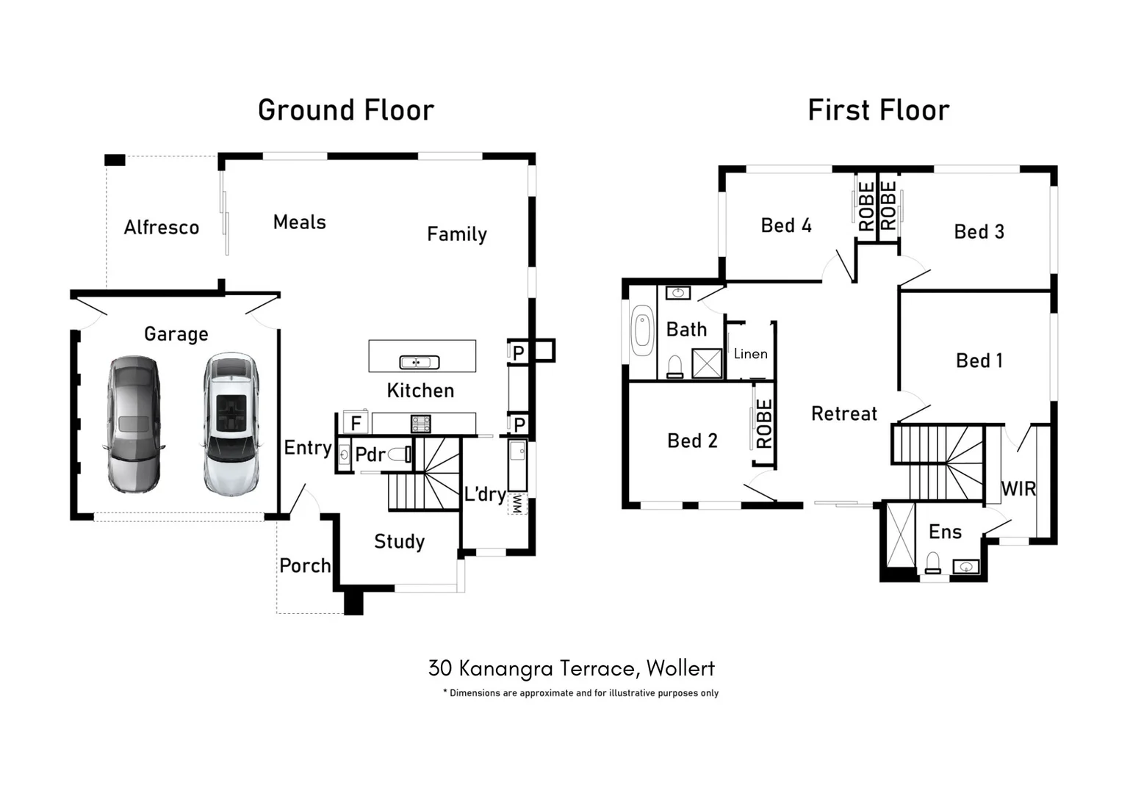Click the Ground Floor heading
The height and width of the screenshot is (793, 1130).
pyautogui.click(x=346, y=111)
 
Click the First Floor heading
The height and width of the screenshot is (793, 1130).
pyautogui.click(x=878, y=111)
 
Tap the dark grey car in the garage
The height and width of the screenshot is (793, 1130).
pyautogui.click(x=133, y=424)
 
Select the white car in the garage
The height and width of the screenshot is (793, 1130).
pyautogui.click(x=231, y=424)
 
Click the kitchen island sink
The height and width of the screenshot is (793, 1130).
pyautogui.click(x=419, y=362)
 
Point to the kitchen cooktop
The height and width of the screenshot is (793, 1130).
pyautogui.click(x=420, y=424)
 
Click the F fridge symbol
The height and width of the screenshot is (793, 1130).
pyautogui.click(x=356, y=424)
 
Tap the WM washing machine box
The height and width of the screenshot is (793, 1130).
pyautogui.click(x=517, y=504)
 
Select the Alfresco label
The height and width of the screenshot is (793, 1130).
pyautogui.click(x=162, y=228)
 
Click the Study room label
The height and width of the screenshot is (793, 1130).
pyautogui.click(x=399, y=542)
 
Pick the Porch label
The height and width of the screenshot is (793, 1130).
pyautogui.click(x=305, y=566)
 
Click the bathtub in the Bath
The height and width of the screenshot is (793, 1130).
pyautogui.click(x=642, y=330)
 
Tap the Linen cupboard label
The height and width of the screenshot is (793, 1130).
pyautogui.click(x=750, y=354)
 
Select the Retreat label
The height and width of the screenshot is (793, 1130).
pyautogui.click(x=843, y=414)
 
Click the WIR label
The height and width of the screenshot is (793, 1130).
pyautogui.click(x=1018, y=489)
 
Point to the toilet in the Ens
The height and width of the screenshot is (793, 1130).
pyautogui.click(x=933, y=564)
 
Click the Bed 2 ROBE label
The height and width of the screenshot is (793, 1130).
pyautogui.click(x=764, y=424)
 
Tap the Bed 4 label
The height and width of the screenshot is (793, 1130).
pyautogui.click(x=786, y=225)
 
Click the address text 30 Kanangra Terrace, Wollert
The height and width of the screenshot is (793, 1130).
pyautogui.click(x=571, y=668)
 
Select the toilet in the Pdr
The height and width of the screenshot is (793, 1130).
pyautogui.click(x=400, y=455)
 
